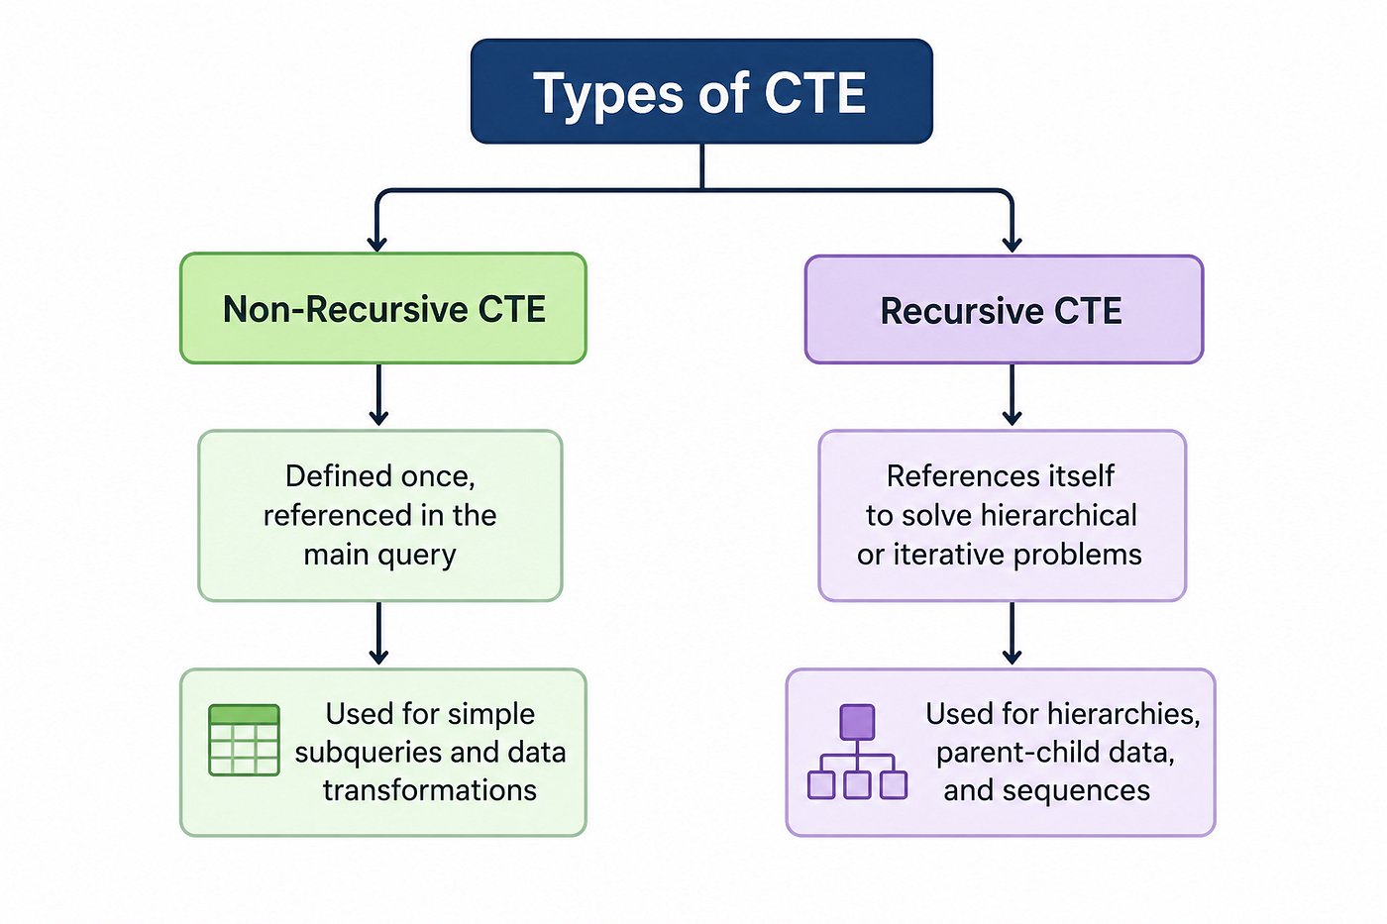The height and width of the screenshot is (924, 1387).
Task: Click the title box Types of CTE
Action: point(701,91)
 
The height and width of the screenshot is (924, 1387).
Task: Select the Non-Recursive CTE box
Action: point(383,308)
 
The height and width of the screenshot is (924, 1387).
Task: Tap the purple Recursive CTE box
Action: point(1004,309)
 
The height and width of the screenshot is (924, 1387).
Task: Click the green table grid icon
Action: point(244,740)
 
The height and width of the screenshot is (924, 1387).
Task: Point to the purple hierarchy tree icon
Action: point(858,752)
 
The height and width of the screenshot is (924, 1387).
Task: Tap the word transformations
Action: point(430,790)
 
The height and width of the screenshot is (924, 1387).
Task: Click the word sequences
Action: point(1076,791)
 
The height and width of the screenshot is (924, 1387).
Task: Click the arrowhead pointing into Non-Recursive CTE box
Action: point(377,244)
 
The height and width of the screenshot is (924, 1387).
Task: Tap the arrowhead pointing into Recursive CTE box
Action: point(1012,244)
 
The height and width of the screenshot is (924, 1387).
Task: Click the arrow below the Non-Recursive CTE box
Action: point(378,395)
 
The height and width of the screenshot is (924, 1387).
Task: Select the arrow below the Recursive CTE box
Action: point(1012,395)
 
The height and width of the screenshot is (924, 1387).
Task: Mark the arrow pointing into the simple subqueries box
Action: point(378,633)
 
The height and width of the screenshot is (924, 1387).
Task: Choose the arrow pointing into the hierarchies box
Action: point(1012,633)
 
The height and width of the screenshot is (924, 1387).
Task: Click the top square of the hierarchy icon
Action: point(858,722)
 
